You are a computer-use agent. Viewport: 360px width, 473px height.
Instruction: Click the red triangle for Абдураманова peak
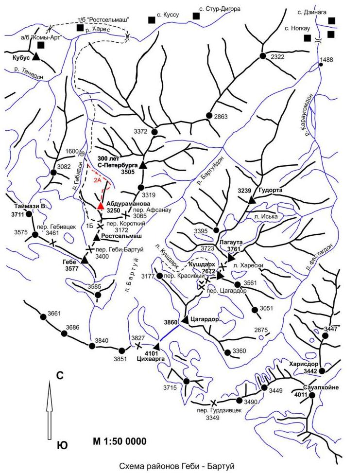101,206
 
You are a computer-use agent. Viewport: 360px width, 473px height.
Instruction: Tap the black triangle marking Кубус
36,56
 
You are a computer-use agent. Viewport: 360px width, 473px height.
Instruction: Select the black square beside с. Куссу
152,20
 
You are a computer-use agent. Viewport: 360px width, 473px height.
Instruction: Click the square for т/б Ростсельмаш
80,28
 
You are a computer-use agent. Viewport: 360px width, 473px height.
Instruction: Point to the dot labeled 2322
263,56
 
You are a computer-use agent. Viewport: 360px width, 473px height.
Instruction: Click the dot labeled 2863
209,115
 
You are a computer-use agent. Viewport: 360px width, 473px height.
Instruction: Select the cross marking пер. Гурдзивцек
213,403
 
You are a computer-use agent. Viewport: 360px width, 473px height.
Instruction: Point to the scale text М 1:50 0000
120,441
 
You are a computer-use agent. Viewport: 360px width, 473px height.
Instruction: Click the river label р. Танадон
29,73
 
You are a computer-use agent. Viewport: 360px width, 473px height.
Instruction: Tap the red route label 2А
97,181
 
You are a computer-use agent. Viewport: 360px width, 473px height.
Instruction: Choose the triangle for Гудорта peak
252,200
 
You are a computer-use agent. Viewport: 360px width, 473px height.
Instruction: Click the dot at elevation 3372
154,132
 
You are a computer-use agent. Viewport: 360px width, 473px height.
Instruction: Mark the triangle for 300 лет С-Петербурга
143,165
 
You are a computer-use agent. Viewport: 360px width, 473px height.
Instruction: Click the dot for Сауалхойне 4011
312,395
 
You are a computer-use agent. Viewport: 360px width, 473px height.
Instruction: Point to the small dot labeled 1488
321,64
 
